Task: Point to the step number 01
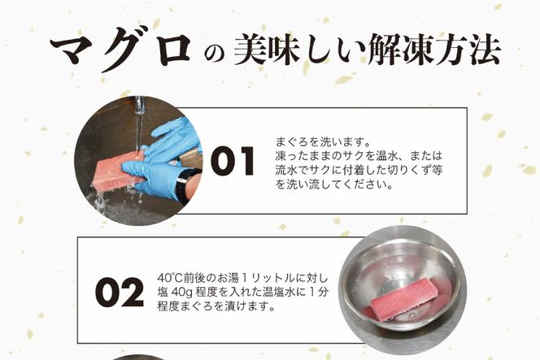coord(231,161)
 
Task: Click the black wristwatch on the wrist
coord(189,185)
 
